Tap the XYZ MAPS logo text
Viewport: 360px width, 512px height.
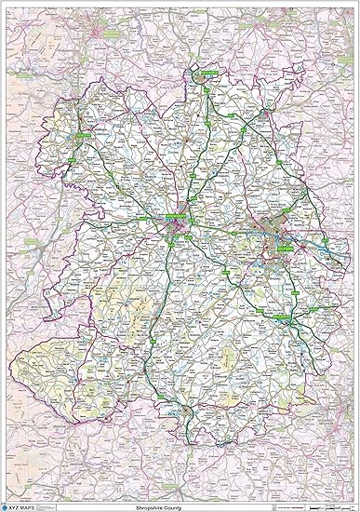(x=27, y=505)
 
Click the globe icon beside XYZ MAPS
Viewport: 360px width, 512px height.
(x=8, y=505)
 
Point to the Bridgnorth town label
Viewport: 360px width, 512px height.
(x=289, y=320)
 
